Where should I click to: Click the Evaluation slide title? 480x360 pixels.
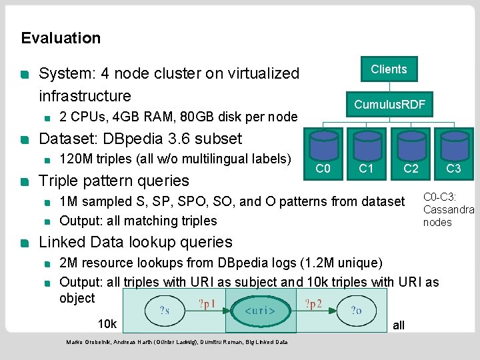[x=61, y=38]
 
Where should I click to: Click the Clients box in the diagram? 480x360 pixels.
[x=389, y=69]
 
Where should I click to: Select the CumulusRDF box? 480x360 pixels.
[x=389, y=105]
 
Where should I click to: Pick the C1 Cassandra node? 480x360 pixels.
[x=367, y=154]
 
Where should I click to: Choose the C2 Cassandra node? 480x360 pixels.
[x=411, y=154]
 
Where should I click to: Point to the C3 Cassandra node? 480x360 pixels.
[x=454, y=154]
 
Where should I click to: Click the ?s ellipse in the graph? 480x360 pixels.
[x=165, y=311]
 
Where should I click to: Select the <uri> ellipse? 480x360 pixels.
[x=261, y=311]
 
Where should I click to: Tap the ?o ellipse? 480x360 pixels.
[x=356, y=311]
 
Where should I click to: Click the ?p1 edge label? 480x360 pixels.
[x=207, y=304]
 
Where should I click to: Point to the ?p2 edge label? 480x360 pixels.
[x=313, y=304]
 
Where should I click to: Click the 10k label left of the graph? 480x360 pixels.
[x=107, y=324]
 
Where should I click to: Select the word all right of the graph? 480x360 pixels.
[x=399, y=325]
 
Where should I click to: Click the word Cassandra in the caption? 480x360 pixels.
[x=449, y=210]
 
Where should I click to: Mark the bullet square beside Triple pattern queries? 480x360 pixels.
[x=25, y=182]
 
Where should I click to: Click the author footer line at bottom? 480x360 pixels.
[x=177, y=342]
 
